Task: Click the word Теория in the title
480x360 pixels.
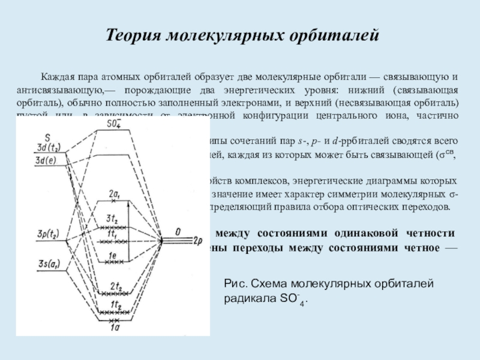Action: pos(136,34)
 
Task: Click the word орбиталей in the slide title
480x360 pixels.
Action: pos(331,34)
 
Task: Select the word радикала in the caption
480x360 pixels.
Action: pos(248,299)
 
